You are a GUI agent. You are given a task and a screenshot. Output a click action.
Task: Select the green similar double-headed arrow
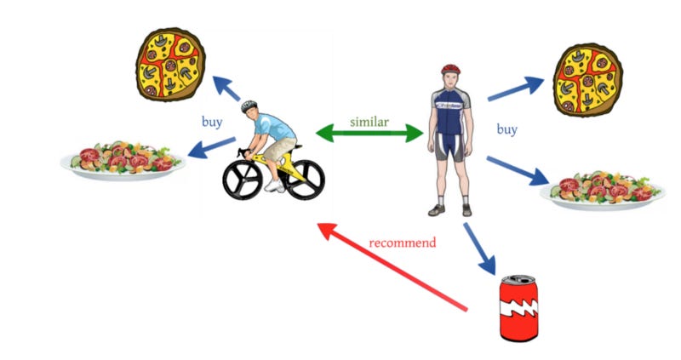[x=369, y=134]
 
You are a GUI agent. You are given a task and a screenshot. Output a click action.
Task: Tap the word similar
[x=369, y=121]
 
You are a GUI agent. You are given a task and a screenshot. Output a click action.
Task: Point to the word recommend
[x=403, y=243]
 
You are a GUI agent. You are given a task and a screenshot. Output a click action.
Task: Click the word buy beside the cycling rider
[x=212, y=122]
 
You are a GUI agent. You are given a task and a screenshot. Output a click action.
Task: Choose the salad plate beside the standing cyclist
[x=603, y=189]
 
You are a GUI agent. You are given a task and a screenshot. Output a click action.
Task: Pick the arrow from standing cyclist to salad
[x=518, y=169]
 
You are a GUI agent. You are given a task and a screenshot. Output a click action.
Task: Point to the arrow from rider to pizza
[x=226, y=88]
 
